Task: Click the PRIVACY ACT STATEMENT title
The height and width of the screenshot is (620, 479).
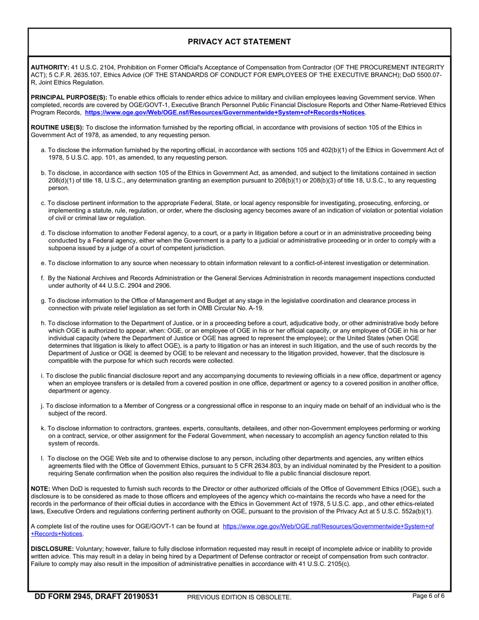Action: click(x=239, y=42)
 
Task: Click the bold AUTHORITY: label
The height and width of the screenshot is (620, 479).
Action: click(x=50, y=67)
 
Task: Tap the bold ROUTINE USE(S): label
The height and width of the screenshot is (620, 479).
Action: click(x=57, y=128)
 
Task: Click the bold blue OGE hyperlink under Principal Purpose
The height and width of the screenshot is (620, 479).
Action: click(x=225, y=112)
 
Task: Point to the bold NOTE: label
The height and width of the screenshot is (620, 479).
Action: click(x=40, y=489)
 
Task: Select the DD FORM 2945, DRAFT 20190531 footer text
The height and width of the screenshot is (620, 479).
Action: click(x=96, y=597)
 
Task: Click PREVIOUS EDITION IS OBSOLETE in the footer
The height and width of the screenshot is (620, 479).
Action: click(x=239, y=597)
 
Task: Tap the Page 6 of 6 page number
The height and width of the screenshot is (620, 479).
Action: click(x=428, y=596)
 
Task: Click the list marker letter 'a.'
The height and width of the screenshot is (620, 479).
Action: click(x=43, y=150)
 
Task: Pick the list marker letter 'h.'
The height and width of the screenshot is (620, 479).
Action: click(x=43, y=323)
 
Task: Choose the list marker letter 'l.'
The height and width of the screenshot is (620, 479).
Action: click(x=42, y=459)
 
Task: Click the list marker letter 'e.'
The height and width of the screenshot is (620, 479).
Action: click(x=43, y=263)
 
